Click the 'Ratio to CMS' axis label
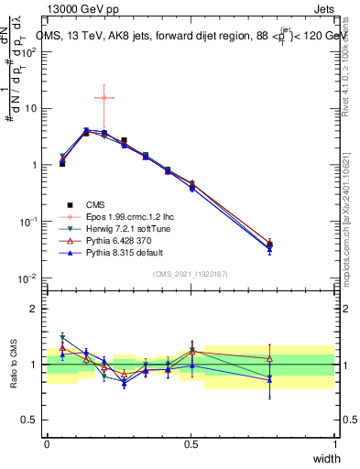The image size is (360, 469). tap(12, 365)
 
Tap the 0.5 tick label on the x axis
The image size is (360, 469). tap(191, 443)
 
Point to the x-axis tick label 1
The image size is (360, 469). tap(335, 443)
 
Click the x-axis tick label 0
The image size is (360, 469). tap(47, 443)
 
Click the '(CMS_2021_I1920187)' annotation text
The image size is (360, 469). tap(191, 274)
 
